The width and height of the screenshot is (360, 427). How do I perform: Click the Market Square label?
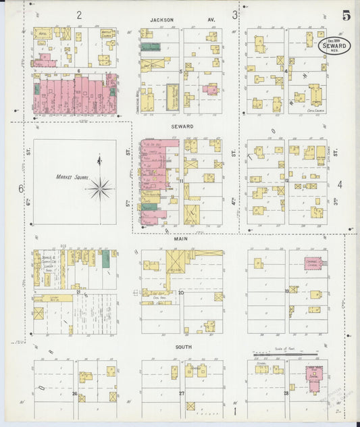coord(69,177)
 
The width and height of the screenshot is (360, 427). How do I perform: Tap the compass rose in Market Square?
coord(100,187)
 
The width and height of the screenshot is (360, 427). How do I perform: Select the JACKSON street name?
coord(162,20)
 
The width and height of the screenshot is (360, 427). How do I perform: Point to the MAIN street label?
coord(181,238)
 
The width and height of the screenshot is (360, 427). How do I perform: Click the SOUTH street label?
coord(183,347)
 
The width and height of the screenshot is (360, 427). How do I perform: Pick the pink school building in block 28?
coord(314,374)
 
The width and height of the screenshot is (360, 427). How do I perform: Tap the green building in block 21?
coord(105,257)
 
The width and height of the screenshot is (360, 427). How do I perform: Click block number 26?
coord(74,393)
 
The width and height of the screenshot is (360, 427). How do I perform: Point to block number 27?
coord(181,393)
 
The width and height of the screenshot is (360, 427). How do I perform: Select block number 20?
coord(181,293)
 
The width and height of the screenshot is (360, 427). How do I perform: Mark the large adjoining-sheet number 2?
coord(79,14)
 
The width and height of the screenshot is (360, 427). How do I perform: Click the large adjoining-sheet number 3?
coord(235,14)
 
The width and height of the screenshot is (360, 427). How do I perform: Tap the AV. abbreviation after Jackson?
coord(211,20)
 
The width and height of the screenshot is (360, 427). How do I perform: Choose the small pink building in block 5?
coord(211,89)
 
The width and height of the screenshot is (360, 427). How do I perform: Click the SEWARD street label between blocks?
coord(182,126)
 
